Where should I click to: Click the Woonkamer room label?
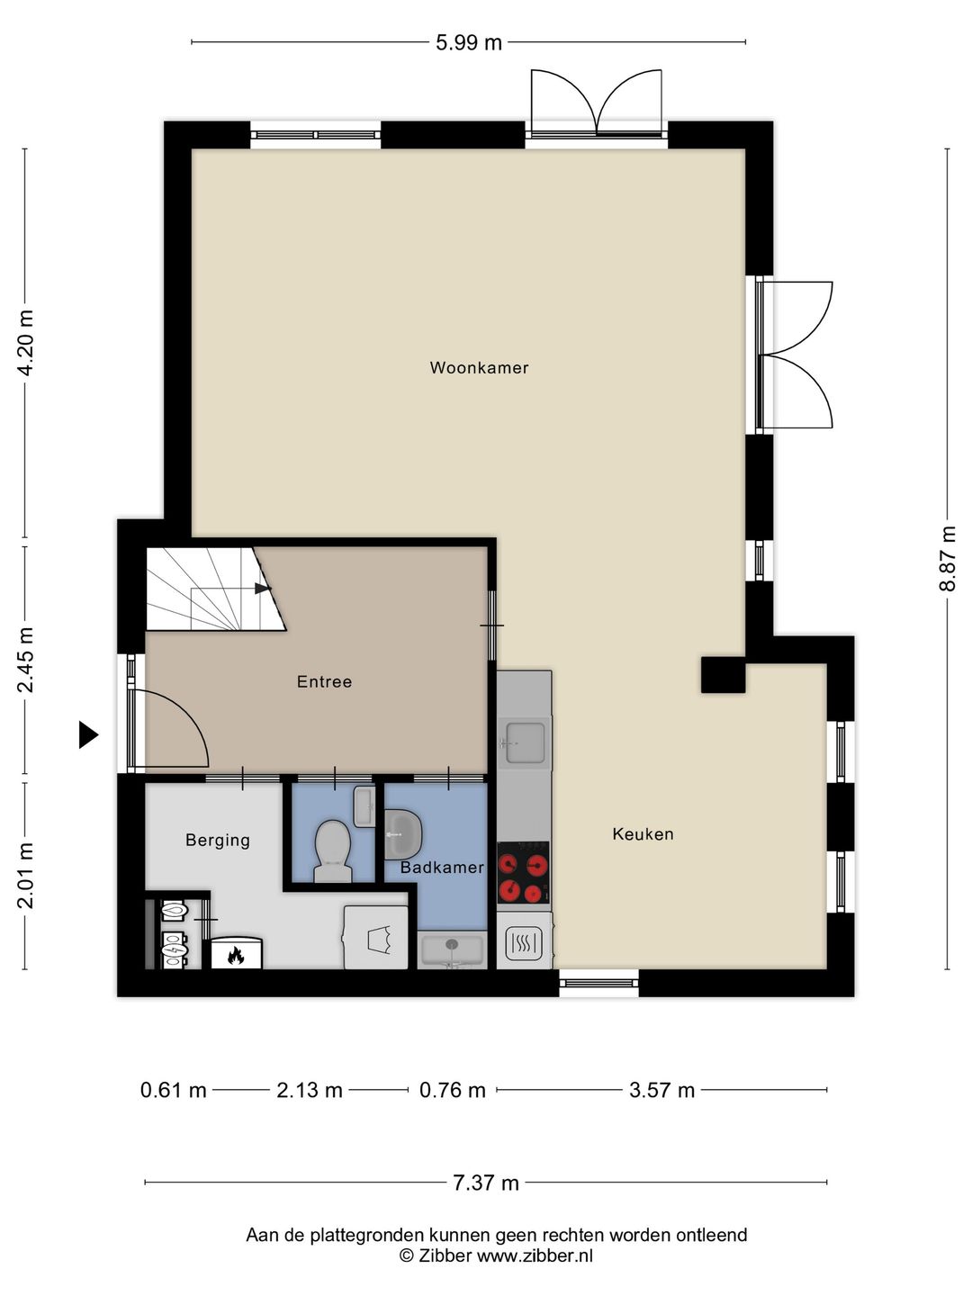pos(479,368)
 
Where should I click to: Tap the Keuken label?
pos(643,834)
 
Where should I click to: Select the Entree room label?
pos(324,682)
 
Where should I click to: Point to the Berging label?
pos(218,841)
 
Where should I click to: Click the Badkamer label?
pos(442,868)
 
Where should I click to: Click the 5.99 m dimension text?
pos(469,42)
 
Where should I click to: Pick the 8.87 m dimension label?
pos(947,558)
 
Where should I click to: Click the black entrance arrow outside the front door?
pos(88,735)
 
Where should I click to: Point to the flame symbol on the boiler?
pos(235,955)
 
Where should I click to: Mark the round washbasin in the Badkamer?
pos(403,834)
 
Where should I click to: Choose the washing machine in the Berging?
pos(375,938)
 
